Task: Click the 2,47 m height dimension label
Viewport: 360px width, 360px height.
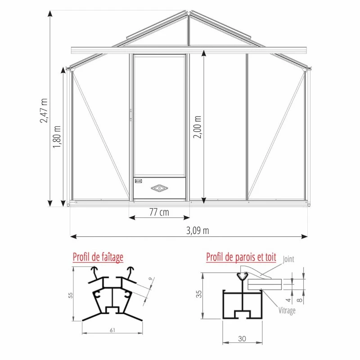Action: point(44,110)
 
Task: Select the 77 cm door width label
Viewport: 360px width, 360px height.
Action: point(159,212)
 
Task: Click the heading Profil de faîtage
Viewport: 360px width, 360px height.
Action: point(98,257)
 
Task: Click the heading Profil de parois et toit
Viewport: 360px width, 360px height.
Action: point(241,257)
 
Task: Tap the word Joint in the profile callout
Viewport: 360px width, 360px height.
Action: point(288,260)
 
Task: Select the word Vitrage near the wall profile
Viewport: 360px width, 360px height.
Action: point(287,310)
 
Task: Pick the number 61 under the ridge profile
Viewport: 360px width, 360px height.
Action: point(112,330)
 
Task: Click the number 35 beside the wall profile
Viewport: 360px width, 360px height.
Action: point(199,294)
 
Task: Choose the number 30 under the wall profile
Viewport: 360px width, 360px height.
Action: point(243,338)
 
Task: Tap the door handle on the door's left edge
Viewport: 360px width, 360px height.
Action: point(131,115)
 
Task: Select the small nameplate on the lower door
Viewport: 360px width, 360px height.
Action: point(138,181)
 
